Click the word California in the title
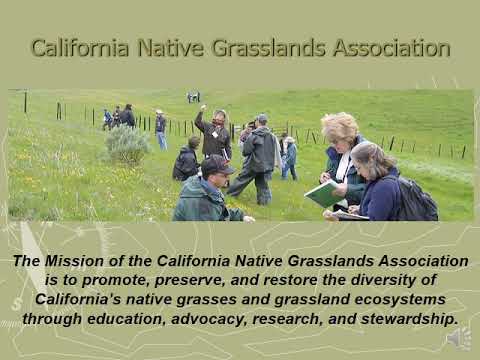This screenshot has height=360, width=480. [82, 47]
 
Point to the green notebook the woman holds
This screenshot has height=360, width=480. [324, 193]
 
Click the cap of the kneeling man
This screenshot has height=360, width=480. [216, 166]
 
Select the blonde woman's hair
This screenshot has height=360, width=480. [340, 128]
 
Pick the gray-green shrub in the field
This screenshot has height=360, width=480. [127, 145]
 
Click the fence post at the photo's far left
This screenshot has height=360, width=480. [25, 102]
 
